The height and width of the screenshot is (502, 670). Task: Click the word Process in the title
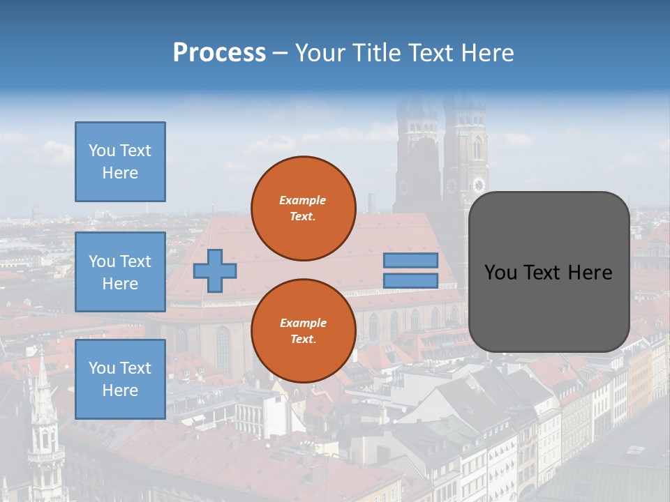pyautogui.click(x=219, y=53)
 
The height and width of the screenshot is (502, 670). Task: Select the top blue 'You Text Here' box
pyautogui.click(x=120, y=162)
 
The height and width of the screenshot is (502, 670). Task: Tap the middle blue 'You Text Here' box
pyautogui.click(x=120, y=272)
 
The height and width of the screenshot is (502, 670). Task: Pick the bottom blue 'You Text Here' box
pyautogui.click(x=120, y=379)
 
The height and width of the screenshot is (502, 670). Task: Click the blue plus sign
pyautogui.click(x=215, y=271)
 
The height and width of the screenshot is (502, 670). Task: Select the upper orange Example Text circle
pyautogui.click(x=304, y=208)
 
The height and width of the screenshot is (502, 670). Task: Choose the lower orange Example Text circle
pyautogui.click(x=304, y=331)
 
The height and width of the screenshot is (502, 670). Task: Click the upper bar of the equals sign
pyautogui.click(x=410, y=260)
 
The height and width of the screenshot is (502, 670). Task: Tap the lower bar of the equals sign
pyautogui.click(x=410, y=281)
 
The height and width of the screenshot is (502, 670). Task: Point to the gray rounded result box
pyautogui.click(x=549, y=272)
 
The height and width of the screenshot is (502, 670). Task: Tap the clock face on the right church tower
pyautogui.click(x=478, y=185)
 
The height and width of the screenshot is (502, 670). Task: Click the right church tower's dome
pyautogui.click(x=465, y=105)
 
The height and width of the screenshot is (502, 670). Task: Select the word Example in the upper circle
pyautogui.click(x=303, y=200)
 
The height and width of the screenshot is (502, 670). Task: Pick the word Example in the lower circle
pyautogui.click(x=303, y=323)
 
